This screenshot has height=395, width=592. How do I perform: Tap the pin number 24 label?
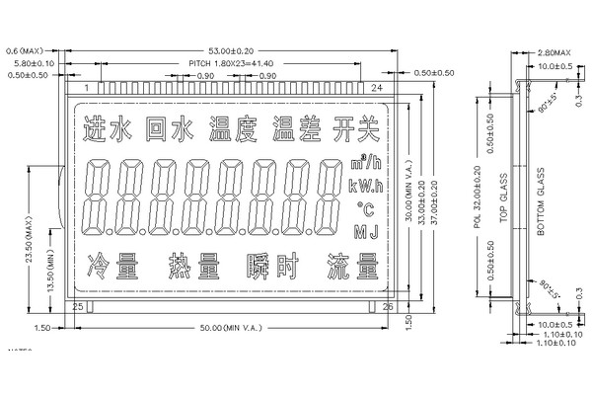(x=376, y=89)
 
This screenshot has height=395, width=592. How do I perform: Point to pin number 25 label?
(x=80, y=308)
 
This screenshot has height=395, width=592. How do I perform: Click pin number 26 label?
(x=386, y=308)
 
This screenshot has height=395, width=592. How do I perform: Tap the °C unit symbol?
(x=365, y=209)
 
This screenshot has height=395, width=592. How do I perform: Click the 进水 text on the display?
(x=109, y=129)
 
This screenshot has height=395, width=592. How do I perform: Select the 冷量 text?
(x=111, y=266)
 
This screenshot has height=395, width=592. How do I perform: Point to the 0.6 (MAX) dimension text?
(x=21, y=47)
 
